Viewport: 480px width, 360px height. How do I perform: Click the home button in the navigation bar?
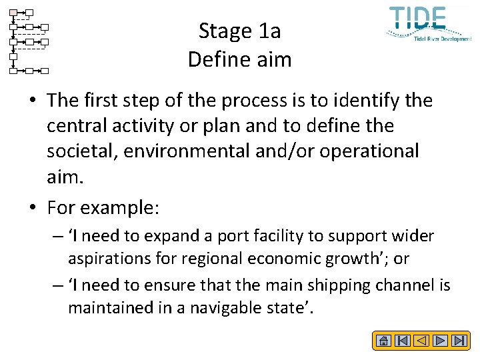(x=383, y=341)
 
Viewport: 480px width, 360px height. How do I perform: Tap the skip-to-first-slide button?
(x=402, y=341)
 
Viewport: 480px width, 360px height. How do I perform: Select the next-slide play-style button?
(x=440, y=341)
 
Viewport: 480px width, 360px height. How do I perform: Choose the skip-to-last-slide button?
(x=459, y=341)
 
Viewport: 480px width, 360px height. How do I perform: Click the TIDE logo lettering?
(x=418, y=18)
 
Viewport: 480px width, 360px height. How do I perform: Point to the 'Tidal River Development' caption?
(x=443, y=39)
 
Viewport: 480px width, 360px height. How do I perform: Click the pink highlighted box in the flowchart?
(x=13, y=13)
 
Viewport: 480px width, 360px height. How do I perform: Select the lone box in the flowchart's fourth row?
(x=13, y=56)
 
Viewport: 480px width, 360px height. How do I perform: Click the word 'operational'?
(x=369, y=151)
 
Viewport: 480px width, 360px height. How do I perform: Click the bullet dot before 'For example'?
(x=33, y=208)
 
